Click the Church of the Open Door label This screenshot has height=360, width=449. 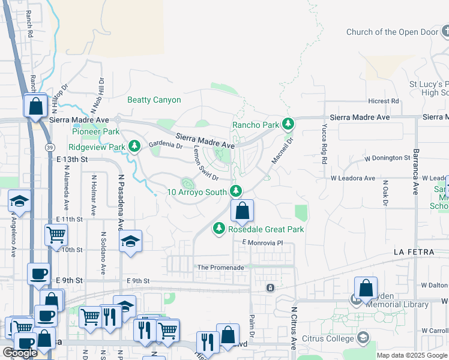(x=392, y=32)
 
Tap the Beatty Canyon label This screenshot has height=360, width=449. (x=154, y=100)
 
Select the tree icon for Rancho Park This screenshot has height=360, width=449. (x=289, y=124)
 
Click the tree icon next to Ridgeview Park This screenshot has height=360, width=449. (x=135, y=146)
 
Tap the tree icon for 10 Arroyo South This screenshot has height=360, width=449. (x=236, y=191)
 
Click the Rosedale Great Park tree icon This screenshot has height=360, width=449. (x=219, y=228)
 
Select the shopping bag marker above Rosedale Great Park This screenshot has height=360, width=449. (x=242, y=211)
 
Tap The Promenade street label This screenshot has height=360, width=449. (x=220, y=268)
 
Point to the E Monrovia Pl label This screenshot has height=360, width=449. (x=262, y=242)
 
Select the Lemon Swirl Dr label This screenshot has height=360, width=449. (x=204, y=165)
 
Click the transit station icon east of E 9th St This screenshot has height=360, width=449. (x=271, y=288)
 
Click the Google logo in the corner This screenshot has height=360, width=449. (x=20, y=353)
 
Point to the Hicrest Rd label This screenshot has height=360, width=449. (x=384, y=101)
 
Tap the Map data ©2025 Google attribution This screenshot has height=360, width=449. (x=411, y=355)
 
